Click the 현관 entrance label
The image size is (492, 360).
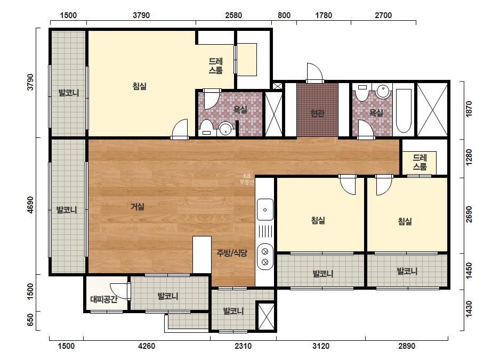(x=317, y=113)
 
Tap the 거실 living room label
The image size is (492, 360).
(x=138, y=207)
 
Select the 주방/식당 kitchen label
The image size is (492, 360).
(x=232, y=253)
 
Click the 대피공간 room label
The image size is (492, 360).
(x=104, y=299)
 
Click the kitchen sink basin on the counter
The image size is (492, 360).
(x=265, y=209)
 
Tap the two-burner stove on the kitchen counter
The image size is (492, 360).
(x=265, y=257)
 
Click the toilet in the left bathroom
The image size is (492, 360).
(x=206, y=127)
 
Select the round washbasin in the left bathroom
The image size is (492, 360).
(x=225, y=128)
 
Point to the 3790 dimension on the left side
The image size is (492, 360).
(x=30, y=82)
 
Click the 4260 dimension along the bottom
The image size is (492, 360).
(x=147, y=346)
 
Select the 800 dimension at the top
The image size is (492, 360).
(x=284, y=15)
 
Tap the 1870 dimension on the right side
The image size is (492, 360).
(x=469, y=109)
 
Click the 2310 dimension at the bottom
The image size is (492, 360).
(x=243, y=346)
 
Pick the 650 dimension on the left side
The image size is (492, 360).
(x=30, y=320)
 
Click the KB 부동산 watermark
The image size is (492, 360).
(x=247, y=179)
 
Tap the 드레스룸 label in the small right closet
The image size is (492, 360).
(x=420, y=162)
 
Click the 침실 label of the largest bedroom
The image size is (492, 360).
(x=140, y=86)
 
